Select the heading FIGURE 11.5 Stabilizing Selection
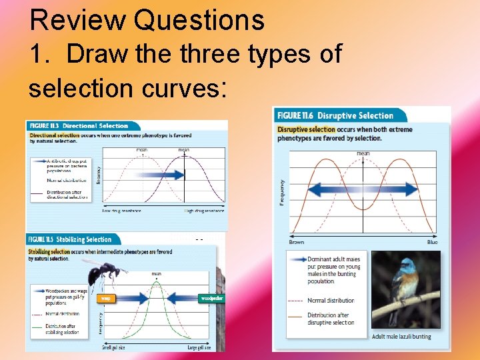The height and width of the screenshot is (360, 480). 69,239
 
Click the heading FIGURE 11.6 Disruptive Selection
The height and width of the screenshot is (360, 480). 335,116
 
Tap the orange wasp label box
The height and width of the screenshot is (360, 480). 105,299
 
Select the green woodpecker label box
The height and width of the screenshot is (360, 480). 212,299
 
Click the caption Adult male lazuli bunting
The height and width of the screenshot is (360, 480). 401,337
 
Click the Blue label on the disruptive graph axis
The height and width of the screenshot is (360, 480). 432,242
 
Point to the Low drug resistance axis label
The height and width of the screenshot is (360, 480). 121,211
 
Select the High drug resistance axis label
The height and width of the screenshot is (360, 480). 204,211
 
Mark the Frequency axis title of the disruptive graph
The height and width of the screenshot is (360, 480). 283,191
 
